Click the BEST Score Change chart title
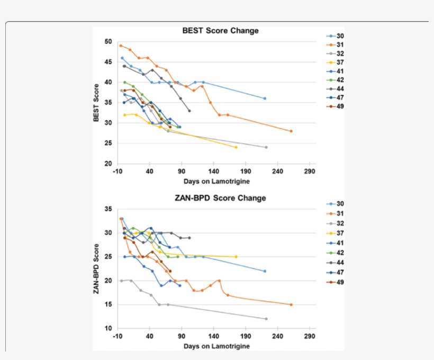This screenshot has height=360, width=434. [220, 31]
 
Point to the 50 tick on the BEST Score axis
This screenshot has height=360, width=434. [108, 41]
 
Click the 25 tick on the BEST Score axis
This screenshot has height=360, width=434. [108, 143]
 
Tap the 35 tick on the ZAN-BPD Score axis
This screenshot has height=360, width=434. [108, 209]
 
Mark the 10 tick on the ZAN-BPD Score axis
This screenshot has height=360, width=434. [108, 329]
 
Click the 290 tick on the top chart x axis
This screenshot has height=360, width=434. [310, 172]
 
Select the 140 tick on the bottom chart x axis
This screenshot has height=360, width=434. [214, 336]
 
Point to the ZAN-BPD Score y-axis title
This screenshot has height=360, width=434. [96, 268]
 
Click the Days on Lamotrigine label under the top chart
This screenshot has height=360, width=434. [216, 181]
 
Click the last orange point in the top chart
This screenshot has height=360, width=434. [291, 131]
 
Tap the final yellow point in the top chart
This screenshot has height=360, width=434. [236, 147]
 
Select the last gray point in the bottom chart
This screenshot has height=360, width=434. [266, 319]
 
